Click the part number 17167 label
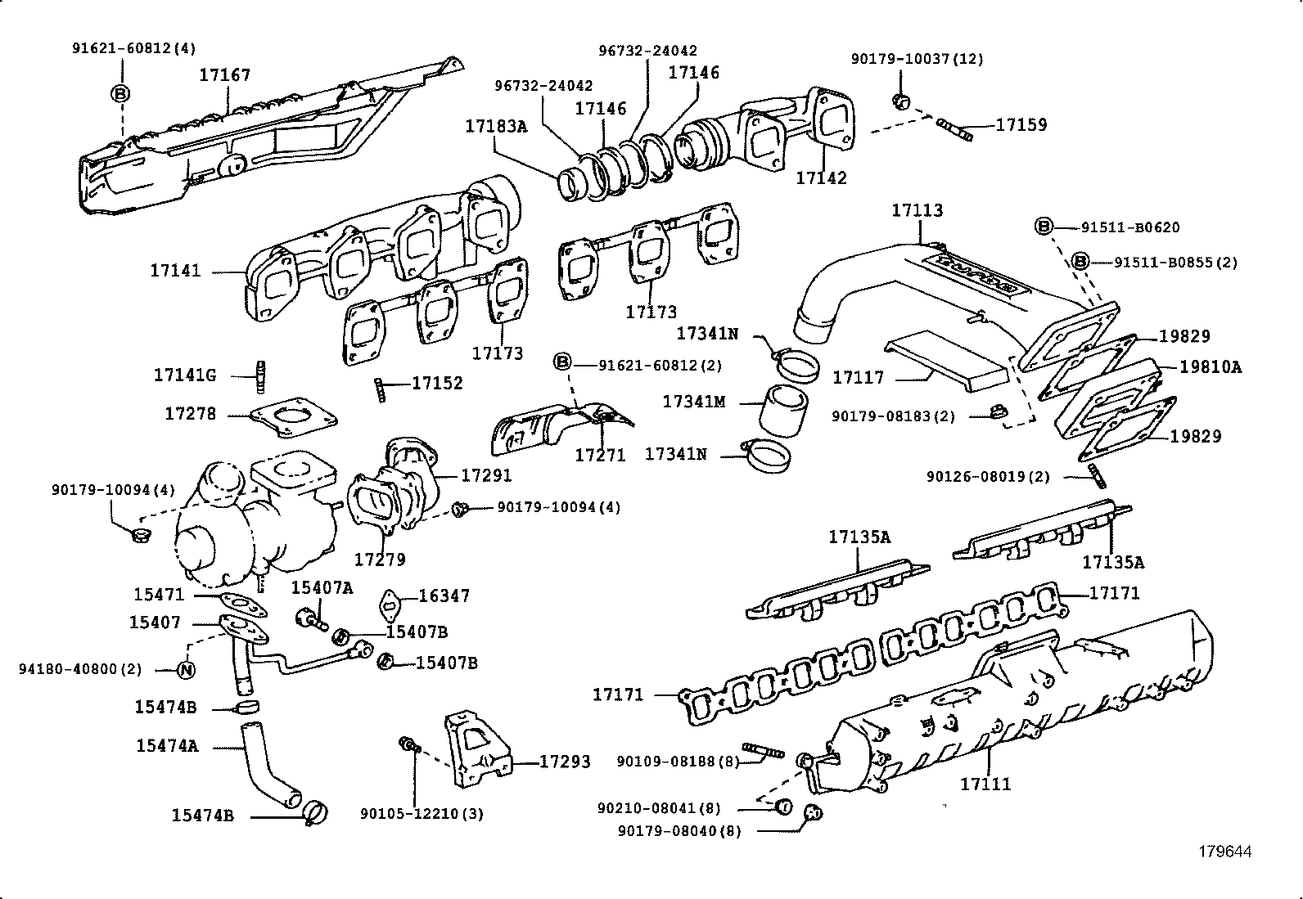[225, 75]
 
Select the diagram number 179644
[1225, 852]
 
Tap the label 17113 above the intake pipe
[917, 210]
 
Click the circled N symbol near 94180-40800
[187, 669]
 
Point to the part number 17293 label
[565, 762]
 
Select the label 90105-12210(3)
[421, 814]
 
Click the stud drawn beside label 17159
[954, 128]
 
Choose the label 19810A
[1211, 367]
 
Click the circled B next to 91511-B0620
[1043, 227]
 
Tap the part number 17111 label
[985, 784]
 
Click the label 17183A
[497, 127]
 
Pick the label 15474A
[167, 746]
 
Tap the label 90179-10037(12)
[917, 59]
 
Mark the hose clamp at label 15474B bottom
[316, 812]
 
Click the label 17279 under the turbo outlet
[380, 560]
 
